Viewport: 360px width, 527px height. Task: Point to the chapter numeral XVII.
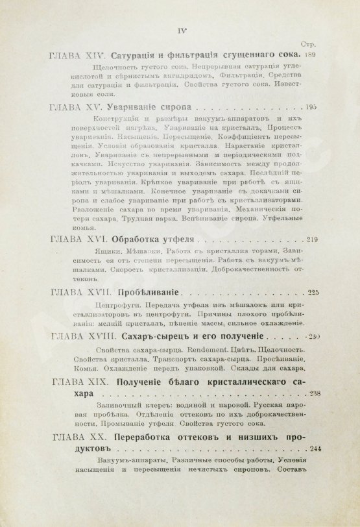click(96, 293)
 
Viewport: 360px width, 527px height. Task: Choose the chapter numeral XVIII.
click(99, 337)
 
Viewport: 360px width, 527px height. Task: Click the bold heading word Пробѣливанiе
click(149, 293)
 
